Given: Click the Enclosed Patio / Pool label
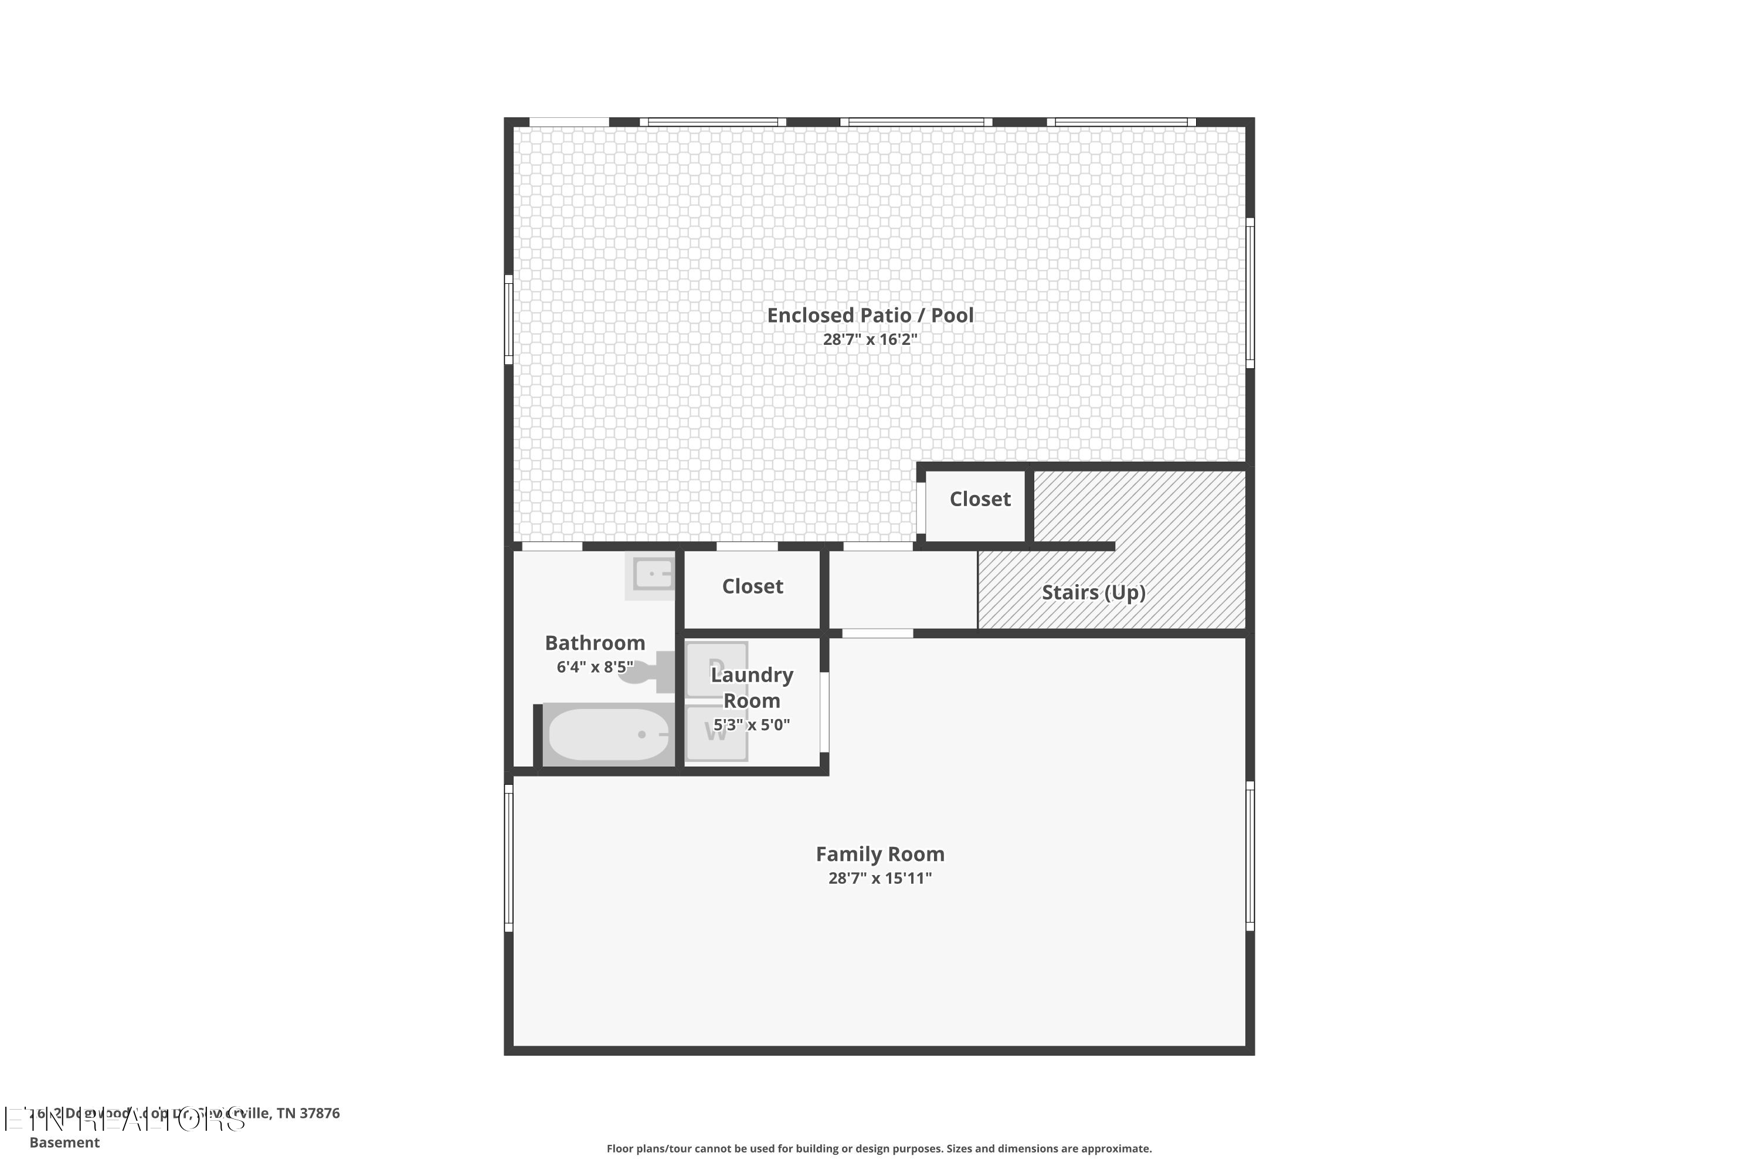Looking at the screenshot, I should pyautogui.click(x=870, y=315).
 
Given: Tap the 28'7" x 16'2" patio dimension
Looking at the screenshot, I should pyautogui.click(x=870, y=340).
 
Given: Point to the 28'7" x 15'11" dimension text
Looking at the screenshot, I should pyautogui.click(x=880, y=878).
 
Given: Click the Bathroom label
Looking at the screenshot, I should pyautogui.click(x=595, y=643).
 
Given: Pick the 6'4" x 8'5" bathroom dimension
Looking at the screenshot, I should pyautogui.click(x=595, y=666).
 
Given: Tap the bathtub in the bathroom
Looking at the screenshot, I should pyautogui.click(x=609, y=735).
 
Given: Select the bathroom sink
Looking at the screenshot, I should pyautogui.click(x=652, y=575).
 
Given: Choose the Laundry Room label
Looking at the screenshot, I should pyautogui.click(x=752, y=687).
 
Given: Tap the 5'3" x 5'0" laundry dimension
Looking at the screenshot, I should pyautogui.click(x=752, y=724).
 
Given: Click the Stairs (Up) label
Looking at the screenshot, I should pyautogui.click(x=1094, y=592).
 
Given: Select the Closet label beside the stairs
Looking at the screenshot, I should pyautogui.click(x=980, y=499).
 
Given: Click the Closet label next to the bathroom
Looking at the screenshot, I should pyautogui.click(x=752, y=586).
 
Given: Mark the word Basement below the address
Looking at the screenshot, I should pyautogui.click(x=64, y=1143).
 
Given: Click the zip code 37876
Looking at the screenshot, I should pyautogui.click(x=320, y=1113).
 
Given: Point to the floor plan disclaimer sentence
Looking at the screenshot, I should pyautogui.click(x=879, y=1148).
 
